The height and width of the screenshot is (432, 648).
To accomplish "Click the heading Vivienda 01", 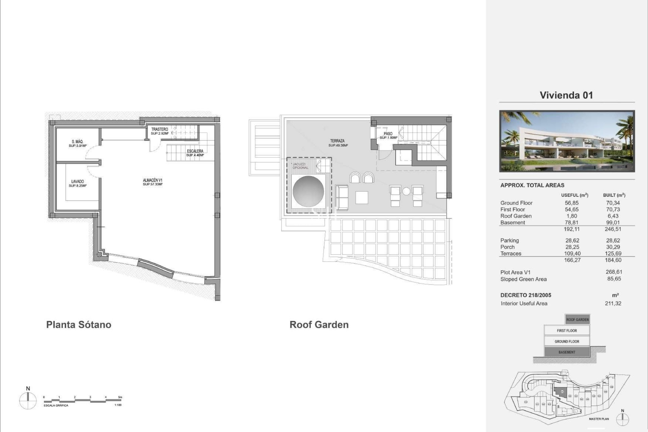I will [x=566, y=95].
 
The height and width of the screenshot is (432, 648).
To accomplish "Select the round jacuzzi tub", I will [x=308, y=191].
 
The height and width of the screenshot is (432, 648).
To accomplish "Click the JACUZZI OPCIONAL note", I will [x=300, y=166].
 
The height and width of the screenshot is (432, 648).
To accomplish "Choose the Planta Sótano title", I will [x=79, y=325].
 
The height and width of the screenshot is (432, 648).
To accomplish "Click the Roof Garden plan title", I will [x=319, y=325].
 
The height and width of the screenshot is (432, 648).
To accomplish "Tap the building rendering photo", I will [x=567, y=141].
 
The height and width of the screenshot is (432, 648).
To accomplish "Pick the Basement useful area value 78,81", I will [x=571, y=222].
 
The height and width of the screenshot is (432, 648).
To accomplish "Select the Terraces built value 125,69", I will [x=613, y=253].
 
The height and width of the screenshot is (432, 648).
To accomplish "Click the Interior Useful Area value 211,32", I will [x=613, y=303].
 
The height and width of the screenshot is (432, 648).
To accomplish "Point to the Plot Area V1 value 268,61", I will [x=614, y=272].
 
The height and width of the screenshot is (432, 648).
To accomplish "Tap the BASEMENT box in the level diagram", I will [x=567, y=352].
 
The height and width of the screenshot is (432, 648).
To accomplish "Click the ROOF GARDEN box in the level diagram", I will [x=577, y=320].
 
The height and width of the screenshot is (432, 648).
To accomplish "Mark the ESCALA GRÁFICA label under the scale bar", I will [x=56, y=405].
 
